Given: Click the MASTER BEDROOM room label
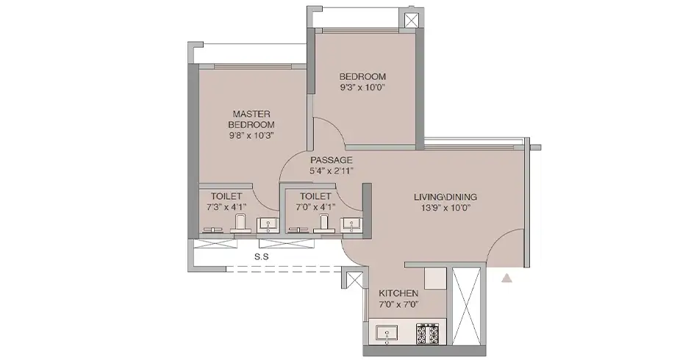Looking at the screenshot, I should click(252, 120).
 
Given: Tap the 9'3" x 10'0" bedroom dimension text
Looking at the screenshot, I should click(362, 87).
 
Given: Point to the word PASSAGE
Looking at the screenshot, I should click(332, 159).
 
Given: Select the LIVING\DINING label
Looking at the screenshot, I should click(445, 196).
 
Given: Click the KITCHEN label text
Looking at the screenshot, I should click(398, 293).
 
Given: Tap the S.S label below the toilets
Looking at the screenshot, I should click(260, 257).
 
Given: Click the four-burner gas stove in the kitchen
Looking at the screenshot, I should click(428, 334).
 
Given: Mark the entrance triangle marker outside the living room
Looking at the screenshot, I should click(506, 278).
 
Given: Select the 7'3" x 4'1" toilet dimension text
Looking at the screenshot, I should click(226, 207).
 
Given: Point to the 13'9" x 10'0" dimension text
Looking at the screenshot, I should click(445, 208).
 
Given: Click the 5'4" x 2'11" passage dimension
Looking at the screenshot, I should click(332, 171).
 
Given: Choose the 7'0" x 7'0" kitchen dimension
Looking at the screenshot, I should click(398, 304).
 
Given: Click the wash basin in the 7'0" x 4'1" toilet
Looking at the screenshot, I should click(354, 226).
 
